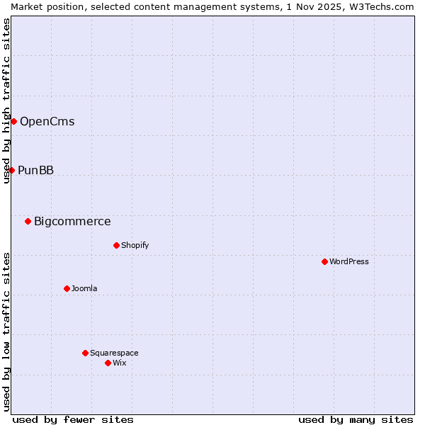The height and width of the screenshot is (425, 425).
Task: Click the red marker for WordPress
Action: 324,261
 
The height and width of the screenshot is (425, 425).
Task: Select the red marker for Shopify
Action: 116,245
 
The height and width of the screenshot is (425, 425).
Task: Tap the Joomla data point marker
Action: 67,288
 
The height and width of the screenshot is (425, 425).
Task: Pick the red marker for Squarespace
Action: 85,353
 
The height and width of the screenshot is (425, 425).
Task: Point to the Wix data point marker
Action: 108,363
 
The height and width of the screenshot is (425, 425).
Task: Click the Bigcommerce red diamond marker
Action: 28,221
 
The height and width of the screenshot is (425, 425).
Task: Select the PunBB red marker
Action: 11,170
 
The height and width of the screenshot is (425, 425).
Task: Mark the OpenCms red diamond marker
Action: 13,121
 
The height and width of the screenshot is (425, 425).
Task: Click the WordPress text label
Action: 349,261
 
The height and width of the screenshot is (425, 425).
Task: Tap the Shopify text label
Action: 135,245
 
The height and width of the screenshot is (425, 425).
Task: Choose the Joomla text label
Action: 84,288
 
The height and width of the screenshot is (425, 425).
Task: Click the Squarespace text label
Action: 114,353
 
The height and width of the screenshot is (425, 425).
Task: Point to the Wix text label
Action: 120,363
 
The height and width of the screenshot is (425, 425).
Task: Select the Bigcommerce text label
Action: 72,221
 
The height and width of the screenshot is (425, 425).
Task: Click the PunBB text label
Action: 36,170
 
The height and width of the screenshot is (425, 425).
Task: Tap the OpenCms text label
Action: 47,121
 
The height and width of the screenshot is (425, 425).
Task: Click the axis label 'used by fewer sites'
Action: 73,419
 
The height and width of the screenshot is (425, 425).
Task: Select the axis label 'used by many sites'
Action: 356,419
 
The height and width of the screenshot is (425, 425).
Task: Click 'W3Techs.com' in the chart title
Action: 385,6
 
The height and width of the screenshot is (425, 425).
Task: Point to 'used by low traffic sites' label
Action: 6,331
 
